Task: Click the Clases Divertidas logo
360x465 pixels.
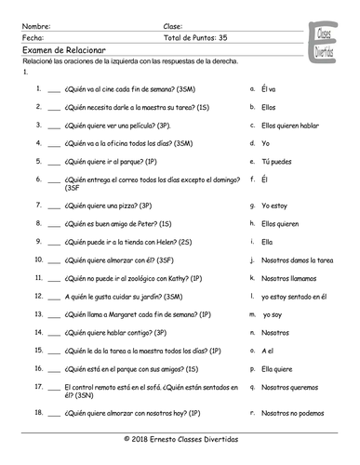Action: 322,39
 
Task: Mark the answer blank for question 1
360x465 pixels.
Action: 52,90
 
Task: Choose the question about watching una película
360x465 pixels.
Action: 118,125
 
